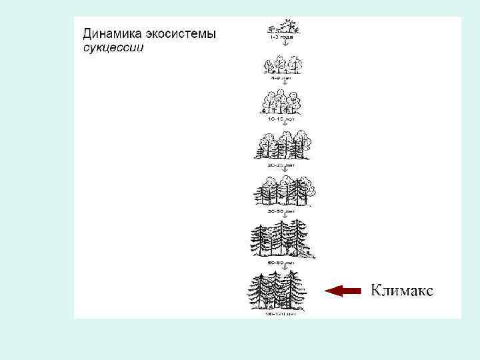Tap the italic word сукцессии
coord(113,49)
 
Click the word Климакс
coord(401,290)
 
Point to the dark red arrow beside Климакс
coord(342,290)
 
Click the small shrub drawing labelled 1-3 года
coord(283,27)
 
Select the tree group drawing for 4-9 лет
coord(284,65)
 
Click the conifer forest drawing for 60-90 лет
coord(283,239)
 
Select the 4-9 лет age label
coord(284,78)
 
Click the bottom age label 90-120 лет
coord(280,313)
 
